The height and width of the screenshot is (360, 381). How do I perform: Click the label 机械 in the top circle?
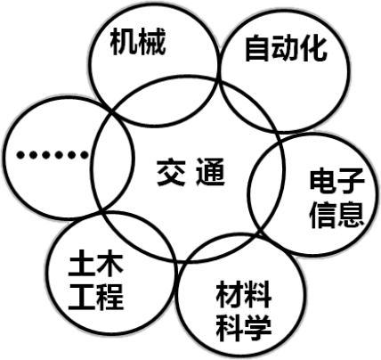click(138, 42)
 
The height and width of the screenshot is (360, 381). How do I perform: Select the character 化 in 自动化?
click(313, 48)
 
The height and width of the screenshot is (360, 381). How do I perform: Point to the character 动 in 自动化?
click(284, 48)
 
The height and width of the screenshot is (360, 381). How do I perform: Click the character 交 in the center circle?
click(171, 173)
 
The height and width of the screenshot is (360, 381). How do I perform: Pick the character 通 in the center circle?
click(210, 173)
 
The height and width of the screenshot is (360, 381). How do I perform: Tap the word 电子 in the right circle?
click(336, 181)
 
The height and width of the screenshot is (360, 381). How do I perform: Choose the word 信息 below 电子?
click(336, 215)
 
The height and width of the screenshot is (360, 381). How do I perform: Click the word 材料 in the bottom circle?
click(243, 294)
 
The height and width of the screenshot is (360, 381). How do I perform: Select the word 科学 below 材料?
click(243, 328)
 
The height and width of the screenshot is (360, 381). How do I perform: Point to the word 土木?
click(95, 263)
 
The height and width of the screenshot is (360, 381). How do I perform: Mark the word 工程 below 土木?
click(95, 297)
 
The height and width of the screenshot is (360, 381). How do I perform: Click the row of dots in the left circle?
click(53, 155)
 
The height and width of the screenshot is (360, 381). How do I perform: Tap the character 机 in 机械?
click(124, 42)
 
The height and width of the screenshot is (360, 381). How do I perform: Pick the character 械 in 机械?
click(152, 42)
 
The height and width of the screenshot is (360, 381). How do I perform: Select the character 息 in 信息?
click(351, 215)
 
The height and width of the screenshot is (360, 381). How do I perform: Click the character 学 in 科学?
click(257, 328)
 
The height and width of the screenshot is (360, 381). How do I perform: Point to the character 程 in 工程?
click(109, 297)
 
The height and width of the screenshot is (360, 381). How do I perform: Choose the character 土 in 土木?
click(81, 263)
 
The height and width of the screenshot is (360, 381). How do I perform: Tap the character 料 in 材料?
click(257, 294)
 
